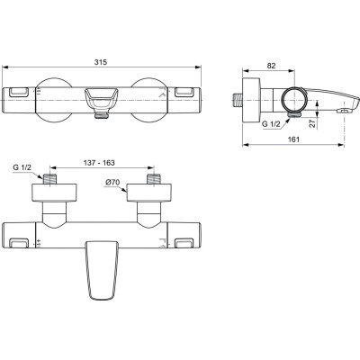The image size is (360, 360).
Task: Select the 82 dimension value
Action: point(271,66)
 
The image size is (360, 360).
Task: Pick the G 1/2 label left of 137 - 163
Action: point(24,167)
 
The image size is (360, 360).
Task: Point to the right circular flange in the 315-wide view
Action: point(149,101)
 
